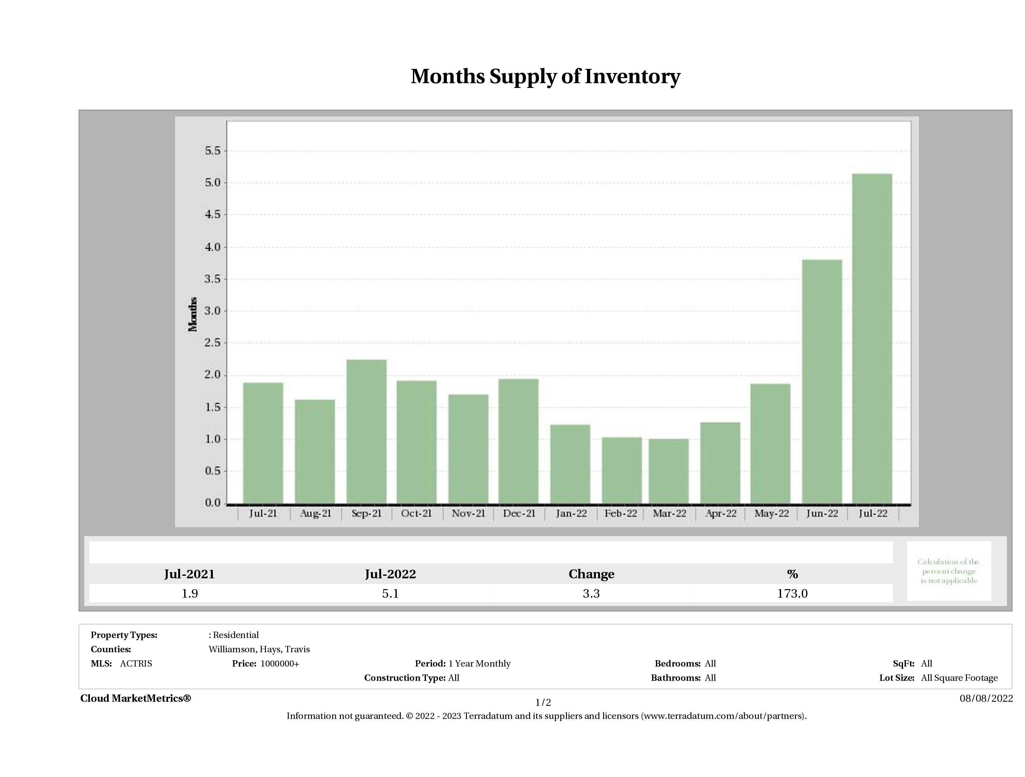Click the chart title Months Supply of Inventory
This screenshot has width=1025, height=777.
pos(545,76)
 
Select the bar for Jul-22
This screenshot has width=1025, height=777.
pos(872,338)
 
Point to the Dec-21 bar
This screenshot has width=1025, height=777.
pos(518,441)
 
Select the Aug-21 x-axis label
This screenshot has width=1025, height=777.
pos(315,514)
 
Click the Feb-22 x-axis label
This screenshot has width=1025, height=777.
pos(620,514)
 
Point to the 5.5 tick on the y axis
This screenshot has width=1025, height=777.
pos(213,151)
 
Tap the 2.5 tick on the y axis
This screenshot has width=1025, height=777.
pos(213,343)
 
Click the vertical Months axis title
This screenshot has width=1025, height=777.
pos(193,315)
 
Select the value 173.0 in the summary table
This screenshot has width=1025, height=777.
pos(792,594)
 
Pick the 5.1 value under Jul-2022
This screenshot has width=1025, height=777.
pos(390,594)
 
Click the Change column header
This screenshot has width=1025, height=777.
pos(591,574)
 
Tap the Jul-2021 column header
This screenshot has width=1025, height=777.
pos(190,574)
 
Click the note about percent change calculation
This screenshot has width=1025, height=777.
pos(948,571)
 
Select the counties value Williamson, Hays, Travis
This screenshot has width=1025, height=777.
pos(259,649)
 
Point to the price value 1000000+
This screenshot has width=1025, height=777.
pos(280,664)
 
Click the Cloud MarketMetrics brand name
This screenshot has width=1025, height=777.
pos(135,698)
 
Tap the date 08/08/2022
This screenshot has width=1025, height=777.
pos(986,698)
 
